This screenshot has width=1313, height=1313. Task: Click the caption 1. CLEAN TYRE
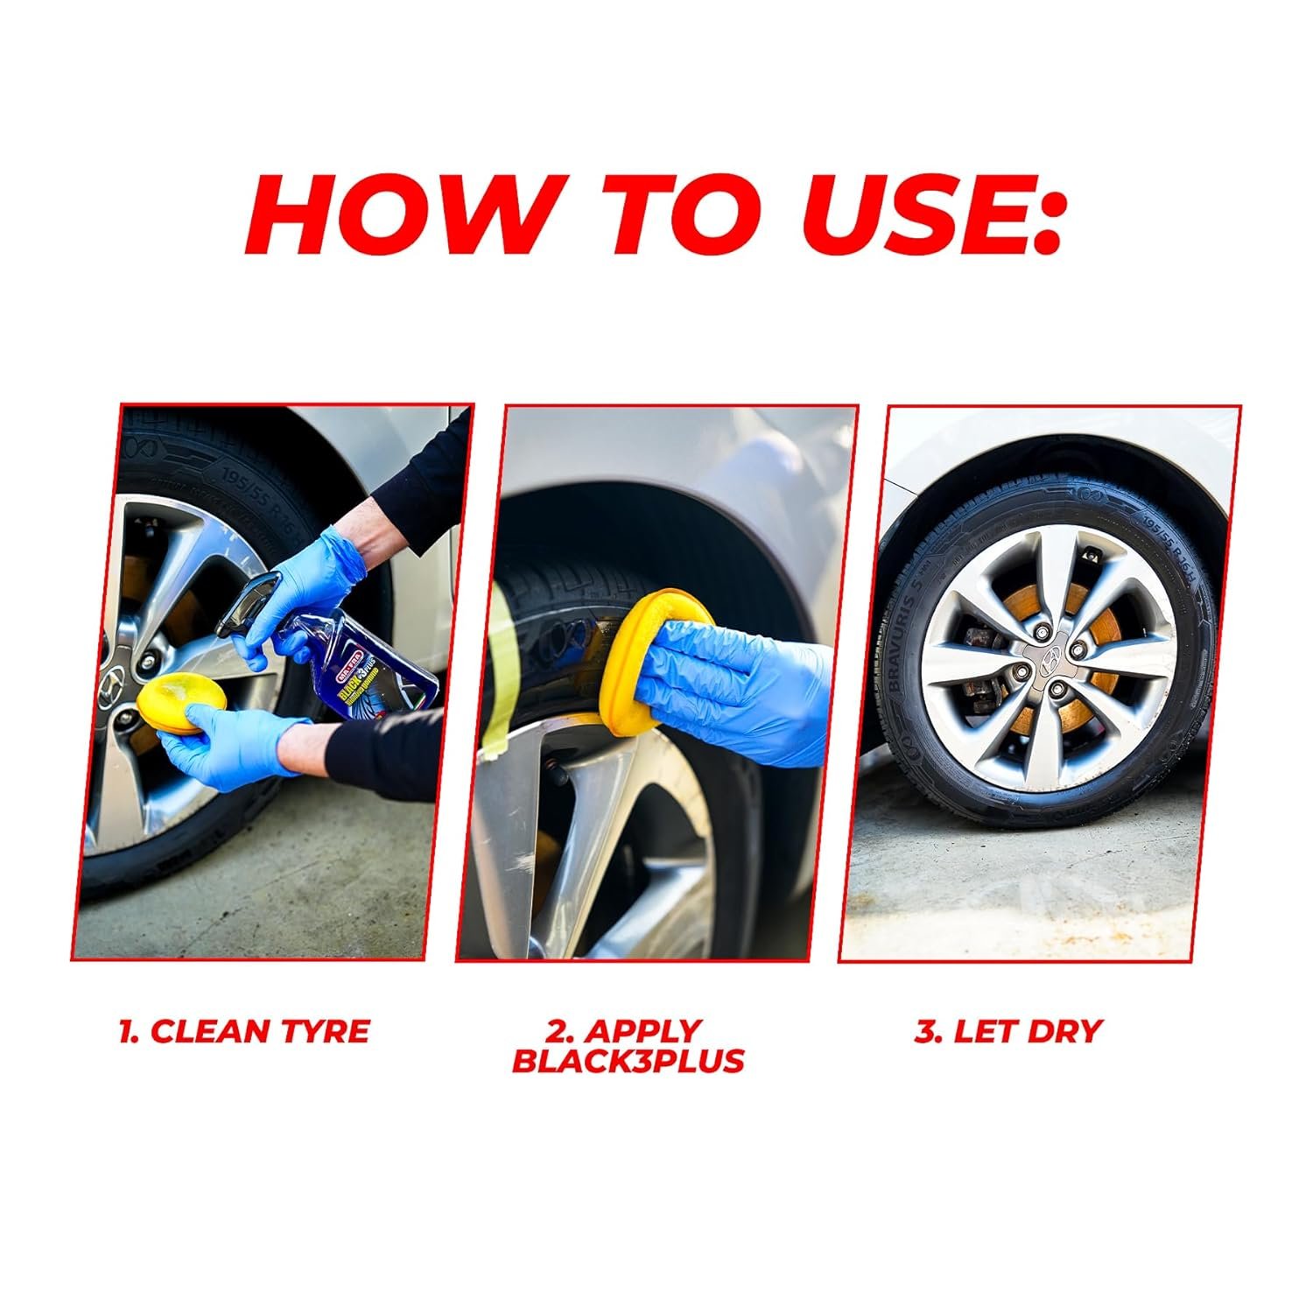[244, 1031]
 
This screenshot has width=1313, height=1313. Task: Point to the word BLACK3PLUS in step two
[628, 1061]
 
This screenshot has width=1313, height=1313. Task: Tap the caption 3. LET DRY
[1008, 1031]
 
